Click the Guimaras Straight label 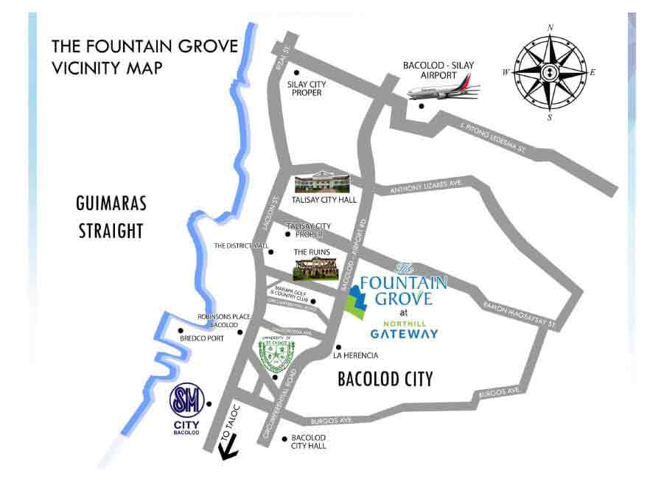tap(110, 217)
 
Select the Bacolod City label tap(385, 380)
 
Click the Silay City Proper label tap(304, 88)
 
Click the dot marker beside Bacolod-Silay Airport tap(422, 106)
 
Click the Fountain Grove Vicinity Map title tap(144, 57)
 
